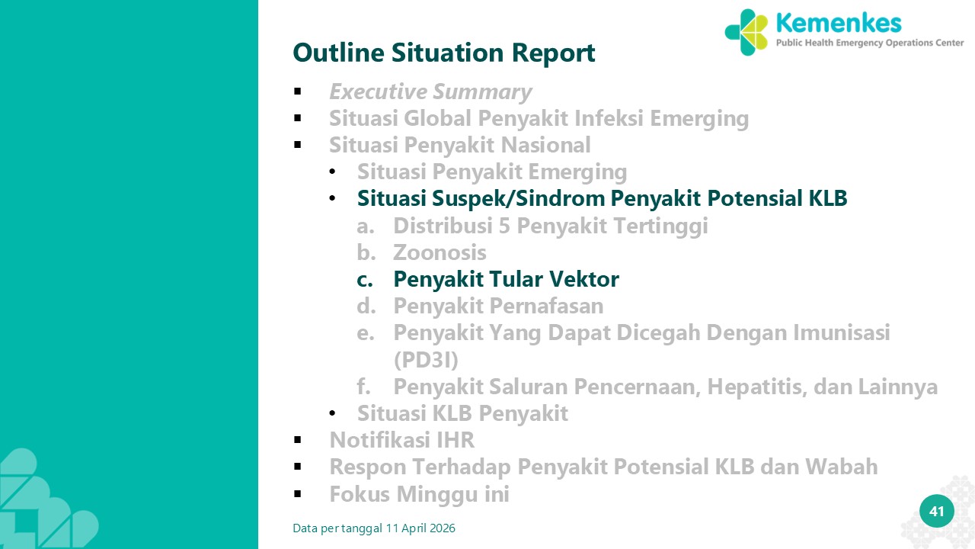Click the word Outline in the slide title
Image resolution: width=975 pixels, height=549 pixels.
click(339, 53)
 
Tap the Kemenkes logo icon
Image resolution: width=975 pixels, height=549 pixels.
click(746, 32)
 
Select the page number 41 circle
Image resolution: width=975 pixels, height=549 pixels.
click(937, 511)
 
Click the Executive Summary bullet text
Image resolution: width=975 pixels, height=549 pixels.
click(430, 92)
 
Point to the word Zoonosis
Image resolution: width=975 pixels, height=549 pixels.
click(440, 252)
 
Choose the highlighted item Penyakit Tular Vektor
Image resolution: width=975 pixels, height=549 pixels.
click(507, 279)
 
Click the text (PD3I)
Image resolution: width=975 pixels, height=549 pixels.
click(426, 360)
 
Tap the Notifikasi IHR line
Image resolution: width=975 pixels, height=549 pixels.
click(401, 440)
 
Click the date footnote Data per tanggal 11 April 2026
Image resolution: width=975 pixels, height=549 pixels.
click(374, 528)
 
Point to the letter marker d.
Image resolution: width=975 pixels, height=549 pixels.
click(366, 306)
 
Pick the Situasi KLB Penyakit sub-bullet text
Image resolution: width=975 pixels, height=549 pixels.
click(462, 413)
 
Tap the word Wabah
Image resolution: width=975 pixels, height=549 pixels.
click(841, 467)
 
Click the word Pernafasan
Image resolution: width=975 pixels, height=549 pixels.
click(546, 306)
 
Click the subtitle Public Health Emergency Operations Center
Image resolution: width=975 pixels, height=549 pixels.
click(870, 43)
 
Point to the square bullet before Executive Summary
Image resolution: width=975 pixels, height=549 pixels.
click(298, 91)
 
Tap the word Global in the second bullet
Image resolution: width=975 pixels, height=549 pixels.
click(437, 118)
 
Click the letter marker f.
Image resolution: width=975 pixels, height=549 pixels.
click(363, 387)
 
